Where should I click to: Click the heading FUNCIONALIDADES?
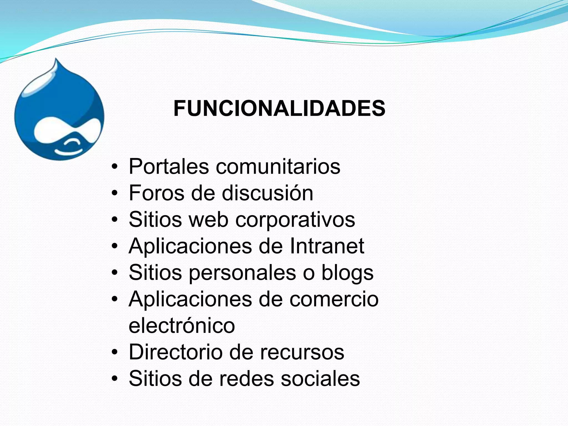pos(279,108)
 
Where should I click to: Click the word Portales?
pos(169,166)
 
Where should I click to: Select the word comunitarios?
pos(278,166)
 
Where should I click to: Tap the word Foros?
pos(156,193)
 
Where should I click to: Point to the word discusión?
pos(267,193)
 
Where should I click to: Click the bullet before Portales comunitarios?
pos(115,167)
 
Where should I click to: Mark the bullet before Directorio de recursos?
pos(115,353)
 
